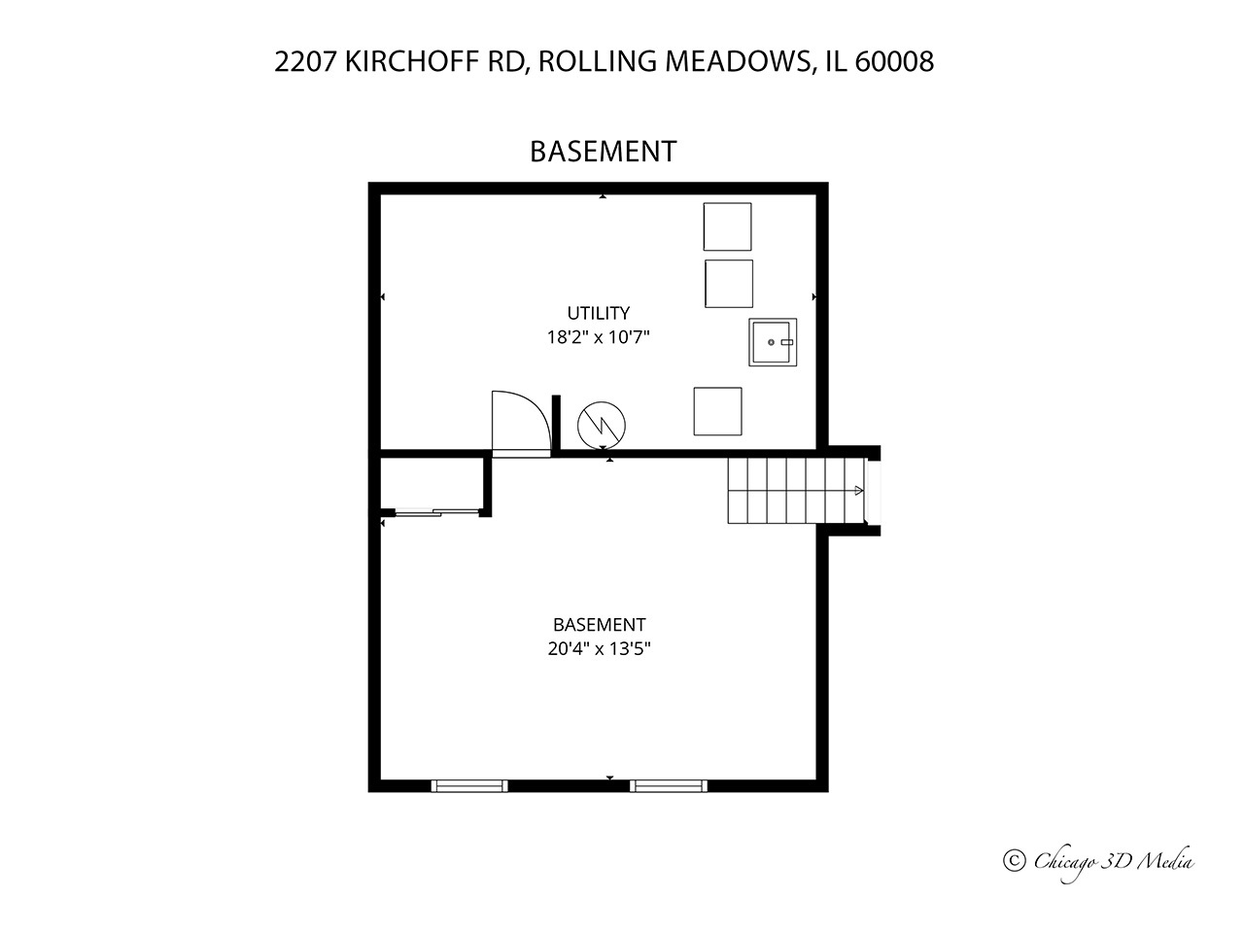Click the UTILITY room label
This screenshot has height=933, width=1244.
point(598,313)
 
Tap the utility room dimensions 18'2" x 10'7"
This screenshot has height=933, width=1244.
point(598,337)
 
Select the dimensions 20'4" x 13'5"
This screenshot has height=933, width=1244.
point(599,648)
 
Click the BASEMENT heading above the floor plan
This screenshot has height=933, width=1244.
point(603,152)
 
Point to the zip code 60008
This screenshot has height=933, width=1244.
point(894,61)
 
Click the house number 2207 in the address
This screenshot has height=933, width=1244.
point(306,61)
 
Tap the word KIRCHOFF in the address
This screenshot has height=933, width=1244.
point(412,61)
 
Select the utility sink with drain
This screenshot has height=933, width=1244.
point(773,342)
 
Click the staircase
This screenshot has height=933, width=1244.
point(796,491)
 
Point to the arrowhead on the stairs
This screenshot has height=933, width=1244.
point(859,491)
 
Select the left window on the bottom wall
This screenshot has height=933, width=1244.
point(469,785)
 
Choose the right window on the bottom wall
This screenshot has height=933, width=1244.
point(669,785)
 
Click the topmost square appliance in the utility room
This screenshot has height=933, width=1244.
point(728,226)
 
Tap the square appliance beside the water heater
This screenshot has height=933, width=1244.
point(718,411)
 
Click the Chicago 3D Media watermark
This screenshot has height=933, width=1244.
point(1098,862)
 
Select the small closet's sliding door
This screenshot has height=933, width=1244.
point(437,513)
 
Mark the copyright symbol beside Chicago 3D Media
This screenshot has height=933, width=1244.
point(1015,861)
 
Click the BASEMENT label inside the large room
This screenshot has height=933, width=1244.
point(599,625)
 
